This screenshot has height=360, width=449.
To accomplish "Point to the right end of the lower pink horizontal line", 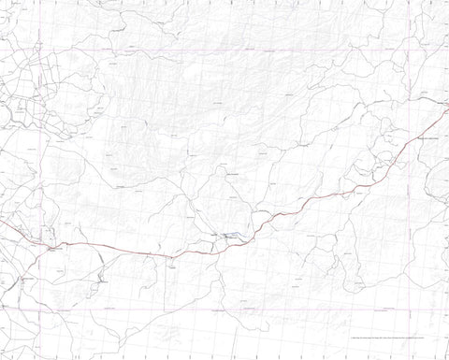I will point(447,308).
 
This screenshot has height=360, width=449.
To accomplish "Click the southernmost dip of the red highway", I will point(168,255).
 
